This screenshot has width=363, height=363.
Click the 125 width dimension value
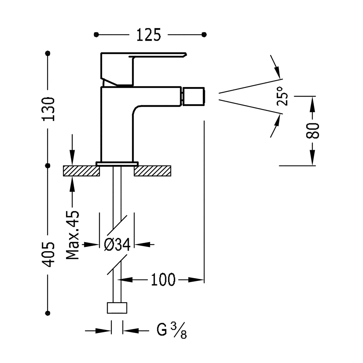(148, 35)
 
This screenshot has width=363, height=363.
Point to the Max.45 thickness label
(73, 235)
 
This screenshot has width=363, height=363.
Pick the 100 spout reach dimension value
(163, 280)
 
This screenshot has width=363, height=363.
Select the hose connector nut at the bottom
(117, 307)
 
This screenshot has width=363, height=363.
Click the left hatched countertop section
(81, 171)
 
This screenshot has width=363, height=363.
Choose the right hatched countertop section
(152, 171)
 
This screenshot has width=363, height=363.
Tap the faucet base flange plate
(117, 164)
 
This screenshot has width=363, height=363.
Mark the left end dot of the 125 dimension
(96, 34)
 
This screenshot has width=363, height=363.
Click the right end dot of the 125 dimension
(204, 34)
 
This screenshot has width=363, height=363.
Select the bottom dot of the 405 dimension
(48, 313)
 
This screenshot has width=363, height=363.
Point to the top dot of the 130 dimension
(48, 53)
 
